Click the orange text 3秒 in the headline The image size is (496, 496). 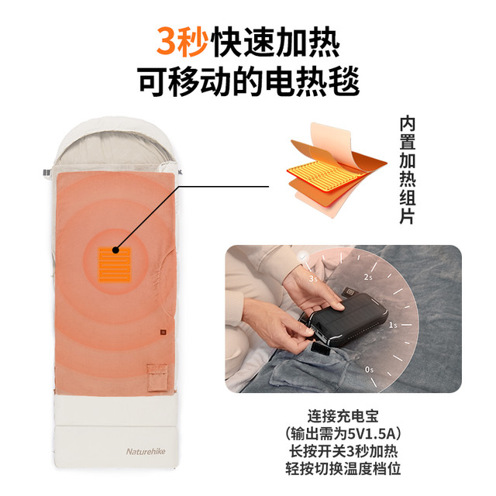(x=182, y=41)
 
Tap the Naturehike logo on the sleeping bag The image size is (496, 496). (x=146, y=451)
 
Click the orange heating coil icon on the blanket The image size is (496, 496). (x=115, y=265)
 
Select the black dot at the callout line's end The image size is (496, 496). (x=115, y=250)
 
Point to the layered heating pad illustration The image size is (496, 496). (x=337, y=170)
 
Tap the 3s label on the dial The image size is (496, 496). (x=313, y=279)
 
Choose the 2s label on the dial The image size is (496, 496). (x=368, y=277)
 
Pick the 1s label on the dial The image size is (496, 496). (x=393, y=325)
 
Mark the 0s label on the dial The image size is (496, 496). (x=369, y=370)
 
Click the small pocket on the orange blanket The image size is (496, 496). (x=157, y=377)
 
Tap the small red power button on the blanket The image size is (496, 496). (x=164, y=332)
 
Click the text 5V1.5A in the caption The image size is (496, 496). (x=372, y=434)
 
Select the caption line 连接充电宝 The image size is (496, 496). (x=343, y=416)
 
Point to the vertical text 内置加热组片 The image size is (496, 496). (x=408, y=170)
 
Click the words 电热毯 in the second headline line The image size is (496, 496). (x=312, y=81)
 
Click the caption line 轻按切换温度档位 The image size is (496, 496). (x=343, y=468)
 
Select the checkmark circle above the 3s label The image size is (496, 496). (x=303, y=256)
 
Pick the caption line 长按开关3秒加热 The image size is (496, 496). (x=343, y=451)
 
